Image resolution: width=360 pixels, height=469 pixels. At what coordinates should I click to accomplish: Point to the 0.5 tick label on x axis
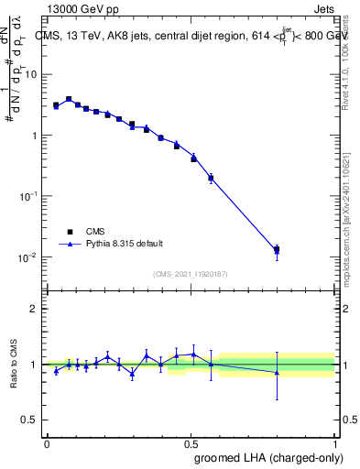click(191, 443)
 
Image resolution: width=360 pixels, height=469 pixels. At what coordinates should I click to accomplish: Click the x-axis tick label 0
click(47, 443)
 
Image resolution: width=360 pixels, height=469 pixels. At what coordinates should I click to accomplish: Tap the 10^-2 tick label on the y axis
click(28, 257)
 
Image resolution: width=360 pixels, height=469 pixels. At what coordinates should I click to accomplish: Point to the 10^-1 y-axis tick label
click(28, 196)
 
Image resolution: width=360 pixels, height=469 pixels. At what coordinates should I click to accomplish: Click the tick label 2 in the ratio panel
click(34, 309)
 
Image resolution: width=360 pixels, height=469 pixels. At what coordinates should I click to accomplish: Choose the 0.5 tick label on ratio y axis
click(30, 420)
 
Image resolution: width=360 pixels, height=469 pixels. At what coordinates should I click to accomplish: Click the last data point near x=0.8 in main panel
click(277, 249)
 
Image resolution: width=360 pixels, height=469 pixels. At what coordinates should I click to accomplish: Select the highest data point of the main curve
click(69, 99)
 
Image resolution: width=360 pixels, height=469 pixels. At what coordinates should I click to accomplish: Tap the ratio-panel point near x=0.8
click(277, 372)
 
